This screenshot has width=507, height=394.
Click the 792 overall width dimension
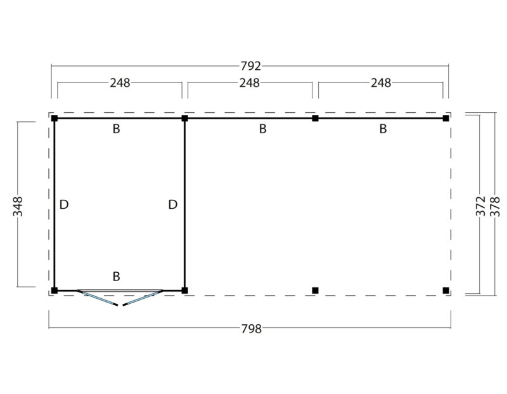click(x=250, y=67)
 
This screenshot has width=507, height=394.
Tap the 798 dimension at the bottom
click(x=252, y=329)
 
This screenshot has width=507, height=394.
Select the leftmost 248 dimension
click(x=120, y=83)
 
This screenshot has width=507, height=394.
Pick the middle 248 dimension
click(x=250, y=83)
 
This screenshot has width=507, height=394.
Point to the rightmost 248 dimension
click(x=381, y=83)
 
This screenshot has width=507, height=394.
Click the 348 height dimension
click(x=18, y=206)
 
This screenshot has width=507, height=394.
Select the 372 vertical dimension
click(x=481, y=206)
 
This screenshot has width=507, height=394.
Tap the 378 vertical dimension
click(x=495, y=207)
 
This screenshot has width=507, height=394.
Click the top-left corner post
click(x=55, y=118)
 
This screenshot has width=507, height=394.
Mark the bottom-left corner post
click(x=55, y=291)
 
